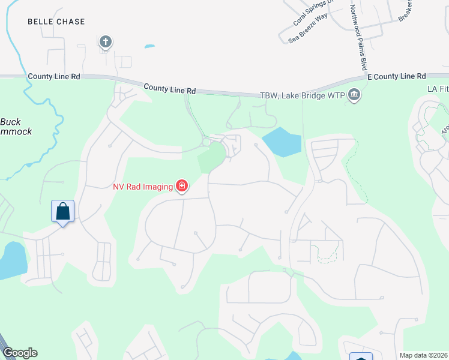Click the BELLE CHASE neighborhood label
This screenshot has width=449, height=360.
click(56, 22)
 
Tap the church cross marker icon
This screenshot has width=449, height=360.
click(106, 41)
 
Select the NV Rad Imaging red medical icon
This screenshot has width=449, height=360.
click(181, 186)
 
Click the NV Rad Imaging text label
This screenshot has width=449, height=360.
click(142, 186)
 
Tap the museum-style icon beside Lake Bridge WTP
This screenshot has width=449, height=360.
click(354, 95)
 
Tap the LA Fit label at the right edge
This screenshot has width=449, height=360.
click(438, 88)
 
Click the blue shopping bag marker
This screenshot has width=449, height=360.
click(62, 212)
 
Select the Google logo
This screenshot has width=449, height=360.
click(20, 353)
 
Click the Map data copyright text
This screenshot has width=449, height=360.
click(423, 355)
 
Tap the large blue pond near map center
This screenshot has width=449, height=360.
click(282, 143)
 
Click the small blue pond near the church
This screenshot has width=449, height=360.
click(149, 46)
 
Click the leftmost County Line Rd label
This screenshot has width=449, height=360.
click(53, 77)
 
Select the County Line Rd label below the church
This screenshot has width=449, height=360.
click(170, 88)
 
